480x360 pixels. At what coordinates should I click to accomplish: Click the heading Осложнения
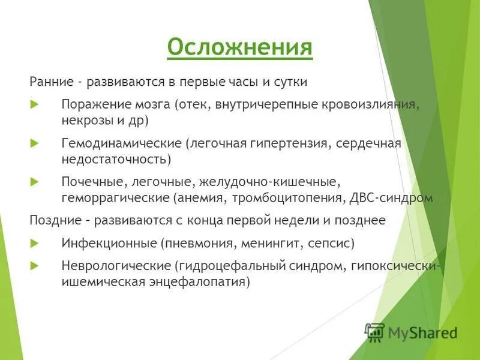(x=239, y=47)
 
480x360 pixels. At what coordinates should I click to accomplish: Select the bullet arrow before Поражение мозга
(x=34, y=104)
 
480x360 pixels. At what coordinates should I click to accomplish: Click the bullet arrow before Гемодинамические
(x=34, y=143)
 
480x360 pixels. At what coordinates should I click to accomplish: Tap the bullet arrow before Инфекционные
(x=34, y=244)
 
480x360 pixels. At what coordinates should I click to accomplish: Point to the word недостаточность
(x=114, y=160)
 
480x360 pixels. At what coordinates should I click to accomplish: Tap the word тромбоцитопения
(x=287, y=197)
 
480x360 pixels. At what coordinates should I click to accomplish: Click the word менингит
(x=271, y=244)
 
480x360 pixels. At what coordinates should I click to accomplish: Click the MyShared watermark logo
(x=412, y=332)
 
